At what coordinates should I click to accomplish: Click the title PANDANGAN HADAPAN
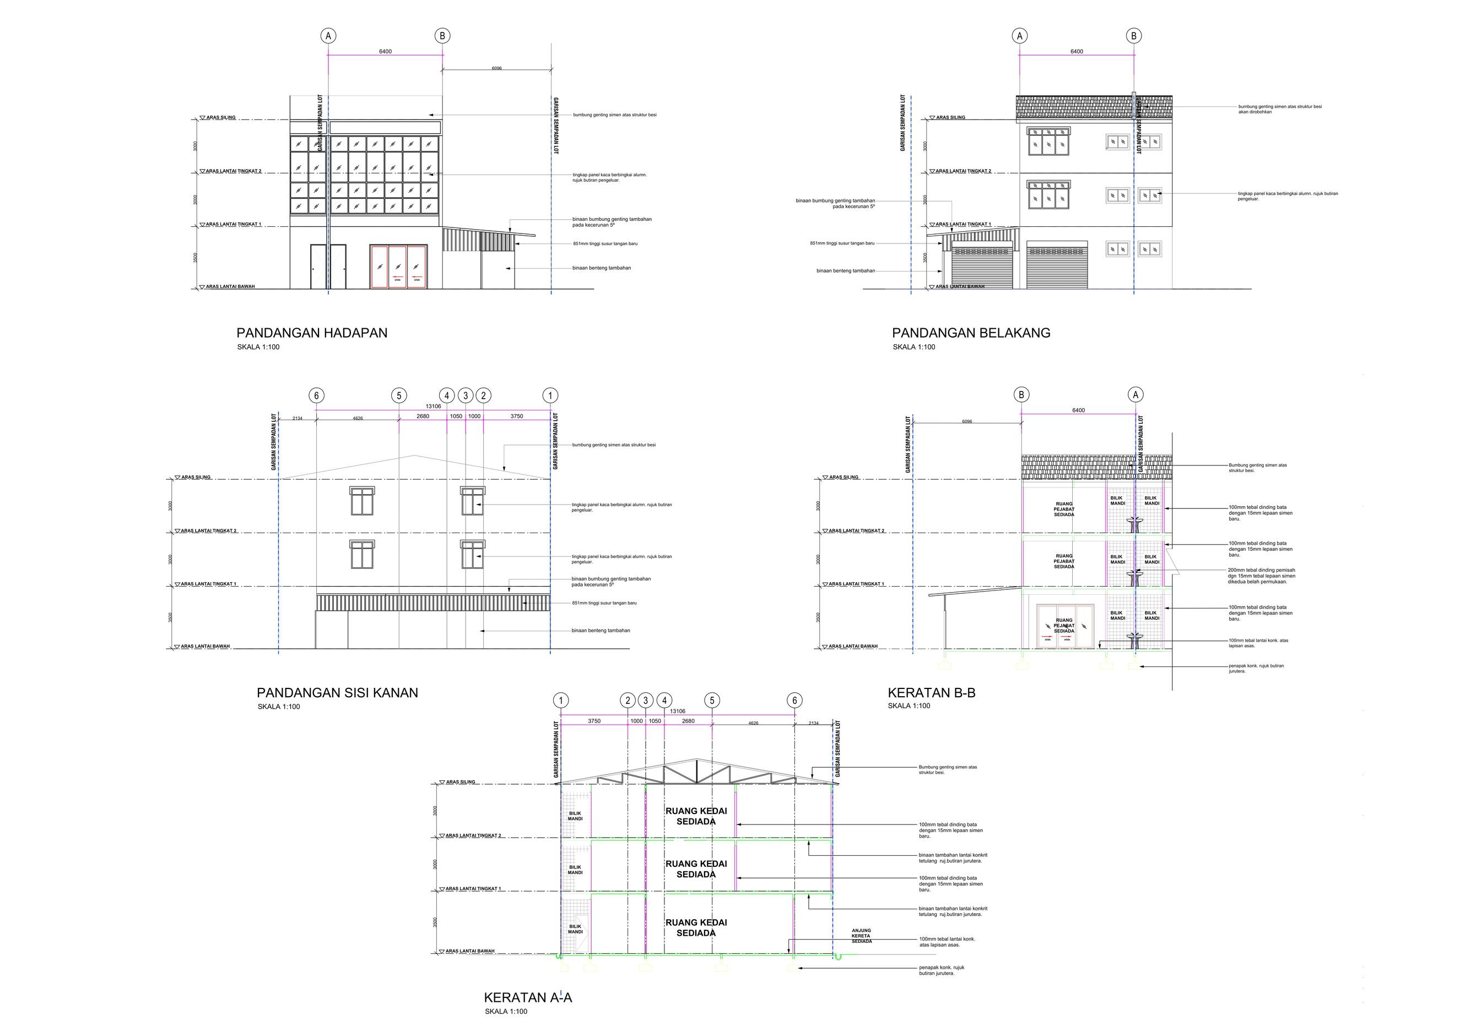(312, 333)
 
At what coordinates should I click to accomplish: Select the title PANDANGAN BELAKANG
(971, 333)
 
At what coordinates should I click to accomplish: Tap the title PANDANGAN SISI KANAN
(337, 693)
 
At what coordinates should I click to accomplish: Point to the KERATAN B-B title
(931, 693)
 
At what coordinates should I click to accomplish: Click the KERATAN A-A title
(528, 997)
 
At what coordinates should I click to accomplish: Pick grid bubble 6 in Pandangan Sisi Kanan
(316, 395)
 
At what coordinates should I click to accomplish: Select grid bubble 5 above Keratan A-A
(712, 701)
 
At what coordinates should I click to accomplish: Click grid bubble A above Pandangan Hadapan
(328, 36)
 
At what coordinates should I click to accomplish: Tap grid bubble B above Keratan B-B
(1021, 395)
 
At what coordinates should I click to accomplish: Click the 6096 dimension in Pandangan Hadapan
(496, 68)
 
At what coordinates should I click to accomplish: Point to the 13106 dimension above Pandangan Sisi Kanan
(433, 406)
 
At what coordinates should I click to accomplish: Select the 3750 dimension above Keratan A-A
(594, 721)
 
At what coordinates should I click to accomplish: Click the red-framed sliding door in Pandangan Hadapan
(399, 267)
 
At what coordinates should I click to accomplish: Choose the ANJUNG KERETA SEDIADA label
(862, 936)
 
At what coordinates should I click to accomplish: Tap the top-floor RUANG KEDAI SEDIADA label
(696, 816)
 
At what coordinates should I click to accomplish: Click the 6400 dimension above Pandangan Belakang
(1077, 51)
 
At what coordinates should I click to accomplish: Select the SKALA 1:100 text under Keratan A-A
(506, 1012)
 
